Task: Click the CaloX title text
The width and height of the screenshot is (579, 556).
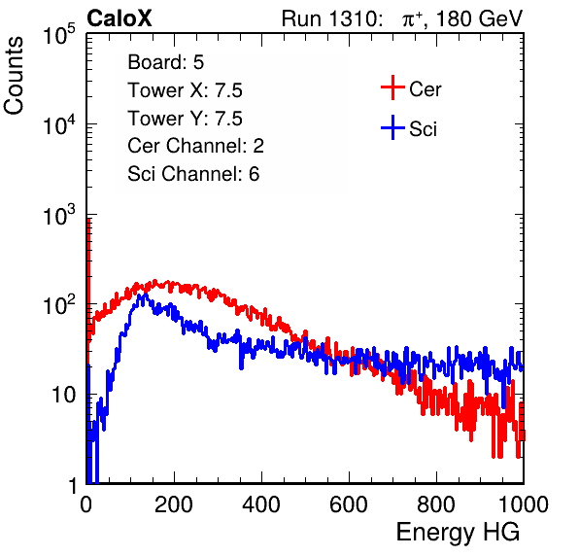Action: [x=119, y=17]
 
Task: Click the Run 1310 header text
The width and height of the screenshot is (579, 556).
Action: [x=331, y=18]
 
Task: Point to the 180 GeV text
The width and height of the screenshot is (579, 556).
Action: [x=479, y=18]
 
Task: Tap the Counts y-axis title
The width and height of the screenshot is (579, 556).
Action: [x=14, y=76]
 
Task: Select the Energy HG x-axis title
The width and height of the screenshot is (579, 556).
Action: [x=458, y=533]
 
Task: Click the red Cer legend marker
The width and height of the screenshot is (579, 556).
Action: [x=392, y=87]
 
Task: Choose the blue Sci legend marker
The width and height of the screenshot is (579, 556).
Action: [x=392, y=127]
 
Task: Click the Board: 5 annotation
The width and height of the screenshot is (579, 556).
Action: [x=166, y=62]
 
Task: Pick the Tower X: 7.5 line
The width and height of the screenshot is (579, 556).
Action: [x=185, y=90]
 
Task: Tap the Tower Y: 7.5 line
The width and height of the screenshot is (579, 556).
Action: [x=185, y=119]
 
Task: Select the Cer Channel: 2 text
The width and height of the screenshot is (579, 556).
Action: [x=195, y=146]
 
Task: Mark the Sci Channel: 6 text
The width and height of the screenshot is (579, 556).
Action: [x=193, y=174]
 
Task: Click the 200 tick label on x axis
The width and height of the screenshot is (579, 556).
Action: [x=174, y=504]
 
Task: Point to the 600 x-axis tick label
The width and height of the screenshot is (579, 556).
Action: [x=349, y=504]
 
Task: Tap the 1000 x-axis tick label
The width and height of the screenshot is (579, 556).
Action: [x=524, y=504]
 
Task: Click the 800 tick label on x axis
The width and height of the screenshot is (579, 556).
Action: [x=436, y=504]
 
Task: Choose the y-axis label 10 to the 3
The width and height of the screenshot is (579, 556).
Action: [x=59, y=214]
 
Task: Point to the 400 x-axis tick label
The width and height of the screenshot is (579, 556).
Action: [x=261, y=504]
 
